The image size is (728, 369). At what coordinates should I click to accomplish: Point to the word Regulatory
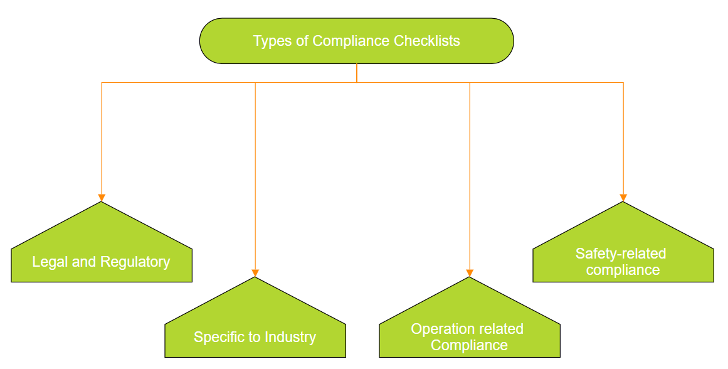[x=135, y=262]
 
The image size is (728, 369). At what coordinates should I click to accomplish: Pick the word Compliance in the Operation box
[x=469, y=346]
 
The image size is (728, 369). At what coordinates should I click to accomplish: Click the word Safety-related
[x=621, y=254]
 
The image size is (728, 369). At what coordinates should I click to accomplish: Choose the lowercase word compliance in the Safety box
[x=623, y=270]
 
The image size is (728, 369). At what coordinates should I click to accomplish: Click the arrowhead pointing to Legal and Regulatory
[x=102, y=198]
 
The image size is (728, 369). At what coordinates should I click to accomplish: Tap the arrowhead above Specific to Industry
[x=255, y=273]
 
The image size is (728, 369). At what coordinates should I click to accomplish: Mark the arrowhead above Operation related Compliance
[x=470, y=273]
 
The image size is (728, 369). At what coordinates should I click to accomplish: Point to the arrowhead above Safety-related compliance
[x=623, y=198]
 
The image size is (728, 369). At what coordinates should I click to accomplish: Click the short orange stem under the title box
[x=357, y=73]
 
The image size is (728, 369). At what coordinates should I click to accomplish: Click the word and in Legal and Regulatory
[x=84, y=262]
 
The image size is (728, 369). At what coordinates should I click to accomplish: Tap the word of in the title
[x=302, y=41]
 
